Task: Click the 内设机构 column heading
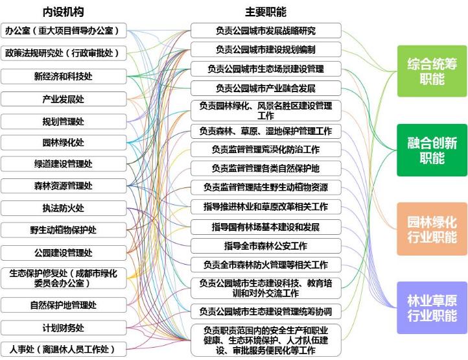point(63,12)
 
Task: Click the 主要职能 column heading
point(265,12)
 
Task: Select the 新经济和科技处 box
point(63,77)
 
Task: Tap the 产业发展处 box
point(63,99)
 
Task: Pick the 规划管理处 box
point(63,121)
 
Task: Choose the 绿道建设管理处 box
point(63,164)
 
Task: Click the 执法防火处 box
point(63,208)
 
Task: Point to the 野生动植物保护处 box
point(63,230)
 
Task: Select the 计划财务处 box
point(63,328)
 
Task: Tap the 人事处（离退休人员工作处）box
point(63,349)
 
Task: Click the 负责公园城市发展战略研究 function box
point(266,31)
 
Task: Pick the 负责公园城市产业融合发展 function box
point(266,88)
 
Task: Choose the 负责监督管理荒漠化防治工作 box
point(266,149)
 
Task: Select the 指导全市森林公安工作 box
point(266,246)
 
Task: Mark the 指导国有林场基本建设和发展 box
point(266,227)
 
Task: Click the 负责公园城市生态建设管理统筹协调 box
point(266,311)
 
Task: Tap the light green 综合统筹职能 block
point(432,71)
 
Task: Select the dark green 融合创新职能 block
point(432,150)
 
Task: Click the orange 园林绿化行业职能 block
point(432,228)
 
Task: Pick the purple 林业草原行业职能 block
point(432,307)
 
